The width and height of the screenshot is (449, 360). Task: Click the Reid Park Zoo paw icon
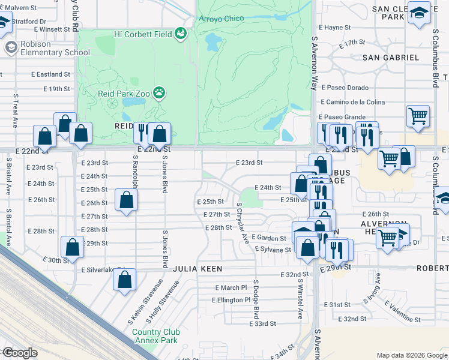(x=159, y=92)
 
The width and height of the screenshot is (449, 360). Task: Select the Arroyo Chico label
(x=221, y=19)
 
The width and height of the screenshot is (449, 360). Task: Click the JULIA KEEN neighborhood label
(x=198, y=269)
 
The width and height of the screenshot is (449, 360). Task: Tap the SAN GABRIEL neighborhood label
(x=391, y=57)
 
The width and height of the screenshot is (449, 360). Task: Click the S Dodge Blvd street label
(x=256, y=299)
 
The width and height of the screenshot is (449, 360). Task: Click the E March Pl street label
(x=231, y=288)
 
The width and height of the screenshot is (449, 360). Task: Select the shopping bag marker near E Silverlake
(x=124, y=280)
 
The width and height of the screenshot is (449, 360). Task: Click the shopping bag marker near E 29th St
(x=72, y=247)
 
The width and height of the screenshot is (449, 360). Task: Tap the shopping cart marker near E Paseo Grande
(x=418, y=116)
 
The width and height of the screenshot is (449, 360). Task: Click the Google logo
(x=20, y=353)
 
